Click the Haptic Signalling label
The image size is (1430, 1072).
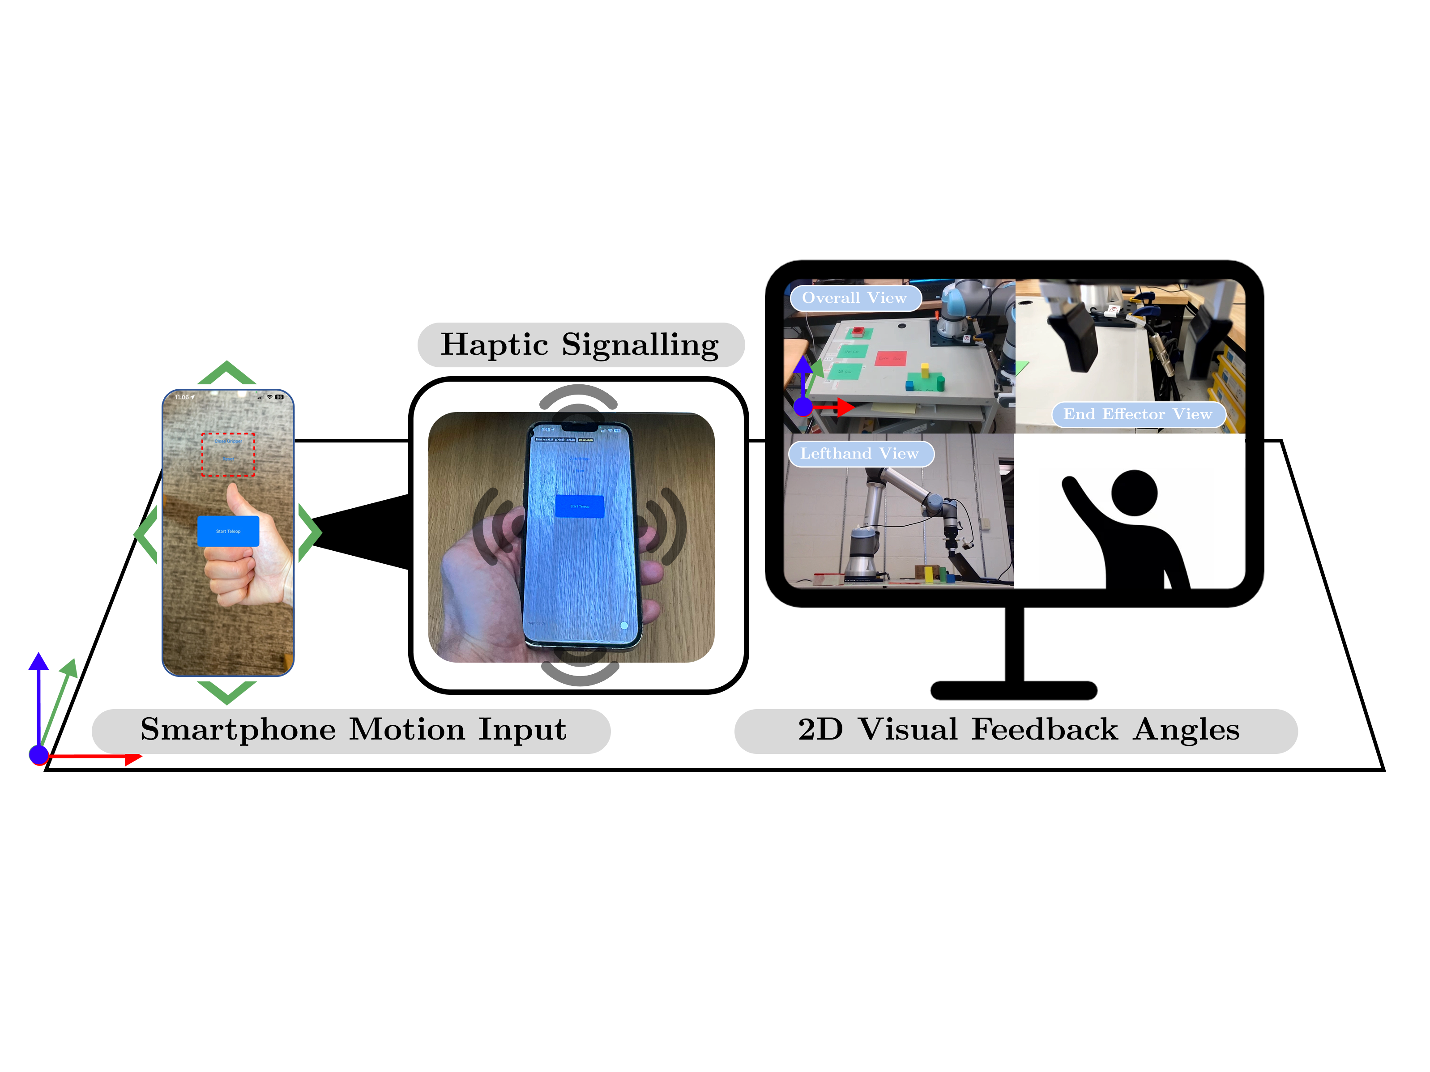pos(580,345)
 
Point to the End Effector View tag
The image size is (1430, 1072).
pos(1137,414)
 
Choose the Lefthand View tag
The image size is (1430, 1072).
pos(859,454)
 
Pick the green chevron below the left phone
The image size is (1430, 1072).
pos(227,691)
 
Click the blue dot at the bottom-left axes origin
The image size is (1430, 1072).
pos(39,754)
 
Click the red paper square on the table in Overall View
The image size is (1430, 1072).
pos(890,358)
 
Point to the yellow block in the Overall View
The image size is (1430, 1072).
pos(925,370)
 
